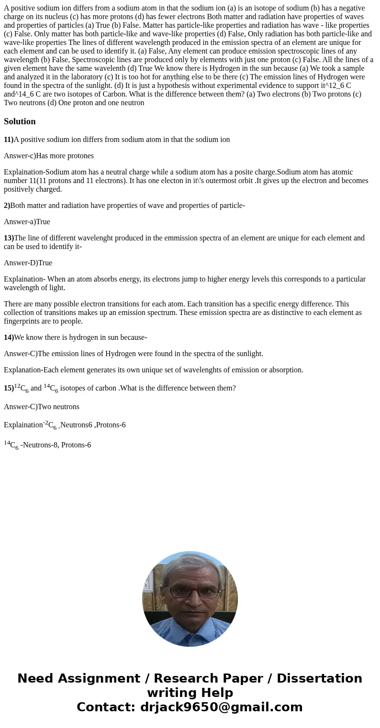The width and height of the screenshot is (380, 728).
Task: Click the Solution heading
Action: pyautogui.click(x=20, y=121)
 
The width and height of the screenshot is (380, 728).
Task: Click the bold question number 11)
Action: pyautogui.click(x=9, y=140)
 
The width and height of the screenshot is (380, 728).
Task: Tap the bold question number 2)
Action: pyautogui.click(x=7, y=206)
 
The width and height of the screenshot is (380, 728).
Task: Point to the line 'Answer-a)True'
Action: pyautogui.click(x=27, y=222)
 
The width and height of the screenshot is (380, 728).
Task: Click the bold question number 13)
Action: pyautogui.click(x=9, y=238)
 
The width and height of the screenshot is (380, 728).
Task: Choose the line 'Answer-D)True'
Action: pyautogui.click(x=28, y=263)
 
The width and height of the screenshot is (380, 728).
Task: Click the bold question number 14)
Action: pyautogui.click(x=9, y=337)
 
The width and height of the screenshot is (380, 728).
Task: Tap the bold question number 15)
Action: pyautogui.click(x=9, y=388)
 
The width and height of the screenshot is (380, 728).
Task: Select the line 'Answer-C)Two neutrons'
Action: pyautogui.click(x=42, y=407)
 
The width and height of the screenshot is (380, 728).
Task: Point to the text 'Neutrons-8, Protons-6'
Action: pyautogui.click(x=57, y=445)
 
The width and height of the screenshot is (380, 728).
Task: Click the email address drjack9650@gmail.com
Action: pyautogui.click(x=221, y=707)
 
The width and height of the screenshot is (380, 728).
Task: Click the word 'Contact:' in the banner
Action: pyautogui.click(x=106, y=707)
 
